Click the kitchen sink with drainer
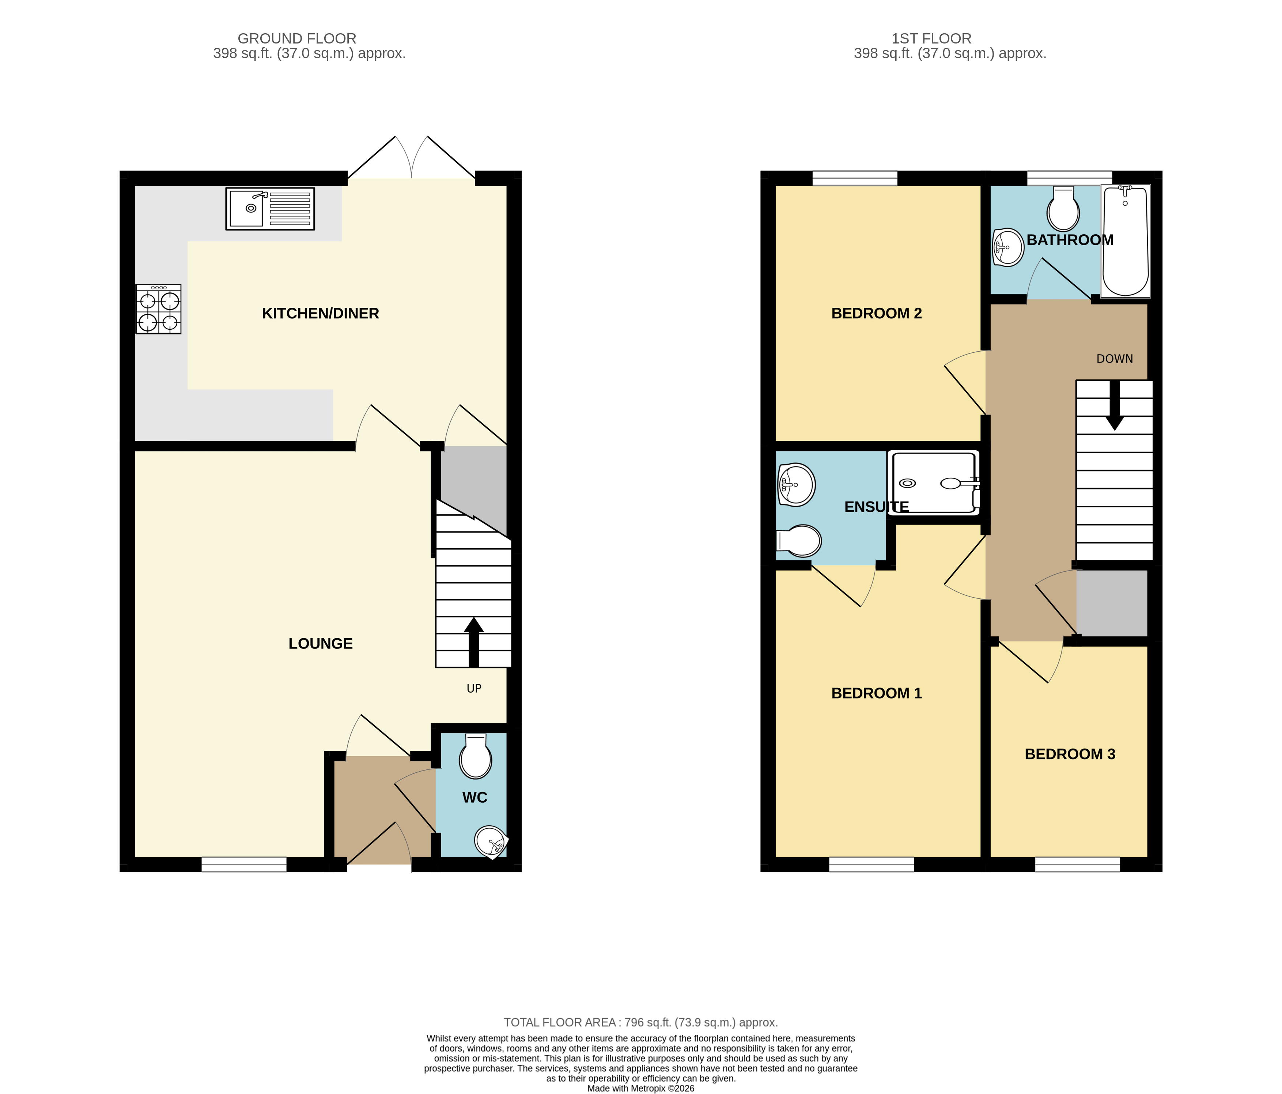[x=270, y=209]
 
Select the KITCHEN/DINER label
[x=321, y=314]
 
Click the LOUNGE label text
[x=321, y=644]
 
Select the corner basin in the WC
[x=491, y=841]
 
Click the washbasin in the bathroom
[x=1008, y=247]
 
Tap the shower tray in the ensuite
[x=934, y=482]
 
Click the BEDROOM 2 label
[x=876, y=314]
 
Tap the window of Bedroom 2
[x=854, y=179]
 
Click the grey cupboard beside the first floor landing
[x=1112, y=603]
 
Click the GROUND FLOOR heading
[x=297, y=38]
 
